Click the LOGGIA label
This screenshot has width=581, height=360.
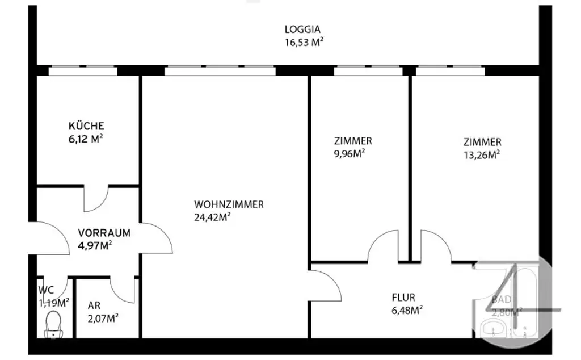302,29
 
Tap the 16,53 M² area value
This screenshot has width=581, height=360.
304,41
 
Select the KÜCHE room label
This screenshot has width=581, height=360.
86,126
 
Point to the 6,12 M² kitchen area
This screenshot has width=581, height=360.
85,138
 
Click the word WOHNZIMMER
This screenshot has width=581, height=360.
229,204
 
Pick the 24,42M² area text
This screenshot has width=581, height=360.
212,216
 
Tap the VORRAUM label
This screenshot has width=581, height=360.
104,233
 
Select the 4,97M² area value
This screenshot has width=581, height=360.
95,245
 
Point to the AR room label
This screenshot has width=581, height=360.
94,305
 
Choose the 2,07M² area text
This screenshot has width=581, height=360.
103,318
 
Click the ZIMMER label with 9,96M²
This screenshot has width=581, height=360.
353,141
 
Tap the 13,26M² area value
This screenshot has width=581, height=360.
482,154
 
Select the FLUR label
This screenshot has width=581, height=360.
403,297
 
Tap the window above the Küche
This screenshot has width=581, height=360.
83,71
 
